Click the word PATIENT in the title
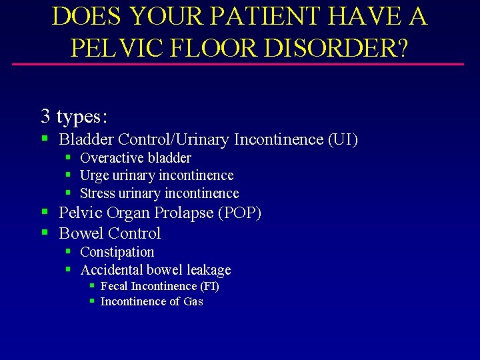[x=257, y=17]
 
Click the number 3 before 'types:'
[x=45, y=116]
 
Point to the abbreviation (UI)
[x=343, y=140]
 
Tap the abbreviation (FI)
[x=209, y=286]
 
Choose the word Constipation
[x=117, y=252]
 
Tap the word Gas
[x=193, y=302]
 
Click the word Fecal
[x=114, y=286]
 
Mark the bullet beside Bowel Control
[x=45, y=233]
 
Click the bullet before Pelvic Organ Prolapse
[x=45, y=212]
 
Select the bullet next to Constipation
[x=69, y=251]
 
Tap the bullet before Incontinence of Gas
[x=92, y=301]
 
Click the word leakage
[x=209, y=270]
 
